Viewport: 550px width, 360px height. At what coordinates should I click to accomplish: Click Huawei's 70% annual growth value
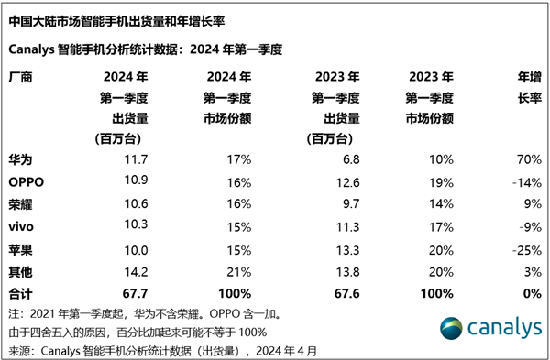pyautogui.click(x=525, y=159)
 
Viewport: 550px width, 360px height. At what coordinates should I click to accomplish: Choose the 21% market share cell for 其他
pyautogui.click(x=240, y=271)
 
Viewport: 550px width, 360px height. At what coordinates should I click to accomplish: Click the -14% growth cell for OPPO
pyautogui.click(x=522, y=181)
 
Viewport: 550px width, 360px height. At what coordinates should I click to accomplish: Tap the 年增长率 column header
pyautogui.click(x=526, y=88)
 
